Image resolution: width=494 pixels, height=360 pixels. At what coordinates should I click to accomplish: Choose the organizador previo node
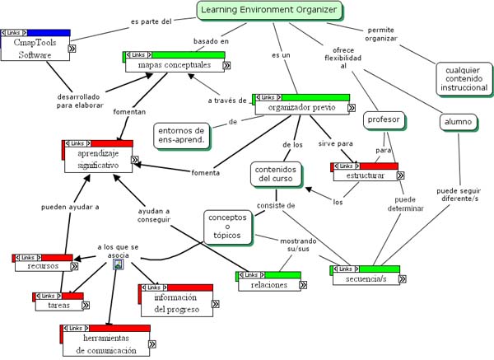(302, 106)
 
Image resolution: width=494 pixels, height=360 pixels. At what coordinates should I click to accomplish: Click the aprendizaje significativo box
(98, 159)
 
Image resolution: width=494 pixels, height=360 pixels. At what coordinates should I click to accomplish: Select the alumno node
(458, 122)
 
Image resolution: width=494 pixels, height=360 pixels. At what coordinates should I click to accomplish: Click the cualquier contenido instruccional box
(466, 78)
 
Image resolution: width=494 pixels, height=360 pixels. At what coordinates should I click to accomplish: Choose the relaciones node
(268, 284)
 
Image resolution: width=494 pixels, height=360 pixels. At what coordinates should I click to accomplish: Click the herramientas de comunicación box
(106, 344)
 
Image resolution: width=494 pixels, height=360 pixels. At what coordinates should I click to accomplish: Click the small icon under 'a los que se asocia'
(119, 264)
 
